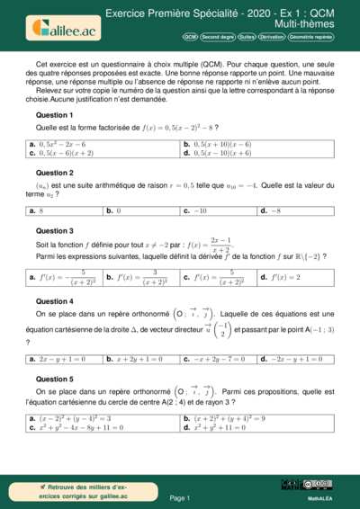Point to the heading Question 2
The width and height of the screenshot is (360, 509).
coord(54,172)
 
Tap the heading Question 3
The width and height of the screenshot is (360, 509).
coord(54,230)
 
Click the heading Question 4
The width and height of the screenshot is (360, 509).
coord(54,301)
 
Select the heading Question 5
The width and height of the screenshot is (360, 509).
coord(54,380)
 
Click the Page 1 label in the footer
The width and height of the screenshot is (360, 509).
coord(179,497)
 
